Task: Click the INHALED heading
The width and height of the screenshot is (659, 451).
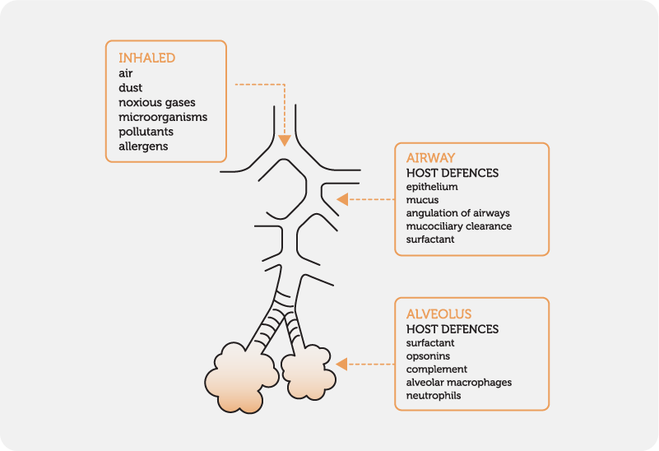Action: coord(147,58)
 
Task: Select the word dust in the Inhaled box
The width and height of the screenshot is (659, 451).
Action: coord(130,87)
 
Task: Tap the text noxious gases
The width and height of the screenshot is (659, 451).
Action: coord(156,102)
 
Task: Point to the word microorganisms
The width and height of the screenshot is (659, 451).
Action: coord(163,117)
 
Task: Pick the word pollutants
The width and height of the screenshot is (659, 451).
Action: coord(146,132)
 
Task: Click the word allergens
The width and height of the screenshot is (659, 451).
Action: coord(143,146)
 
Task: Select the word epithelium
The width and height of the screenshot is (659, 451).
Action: coord(432,187)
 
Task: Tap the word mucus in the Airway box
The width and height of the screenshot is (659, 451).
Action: coord(422,200)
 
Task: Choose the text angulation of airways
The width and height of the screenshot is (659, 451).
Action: coord(456,213)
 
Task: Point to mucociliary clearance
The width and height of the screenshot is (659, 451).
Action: coord(458,226)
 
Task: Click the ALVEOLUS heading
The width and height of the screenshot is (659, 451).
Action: coord(439,314)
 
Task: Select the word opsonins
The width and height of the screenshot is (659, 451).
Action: coord(428,356)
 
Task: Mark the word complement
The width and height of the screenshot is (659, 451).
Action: coord(436,370)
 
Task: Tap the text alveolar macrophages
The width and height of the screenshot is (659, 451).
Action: coord(458,383)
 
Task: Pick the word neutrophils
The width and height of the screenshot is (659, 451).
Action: coord(433,396)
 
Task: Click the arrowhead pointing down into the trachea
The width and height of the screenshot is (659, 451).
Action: coord(284,140)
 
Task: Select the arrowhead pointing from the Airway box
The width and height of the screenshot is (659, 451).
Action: coord(342,198)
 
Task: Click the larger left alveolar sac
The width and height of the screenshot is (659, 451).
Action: coord(239,378)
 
